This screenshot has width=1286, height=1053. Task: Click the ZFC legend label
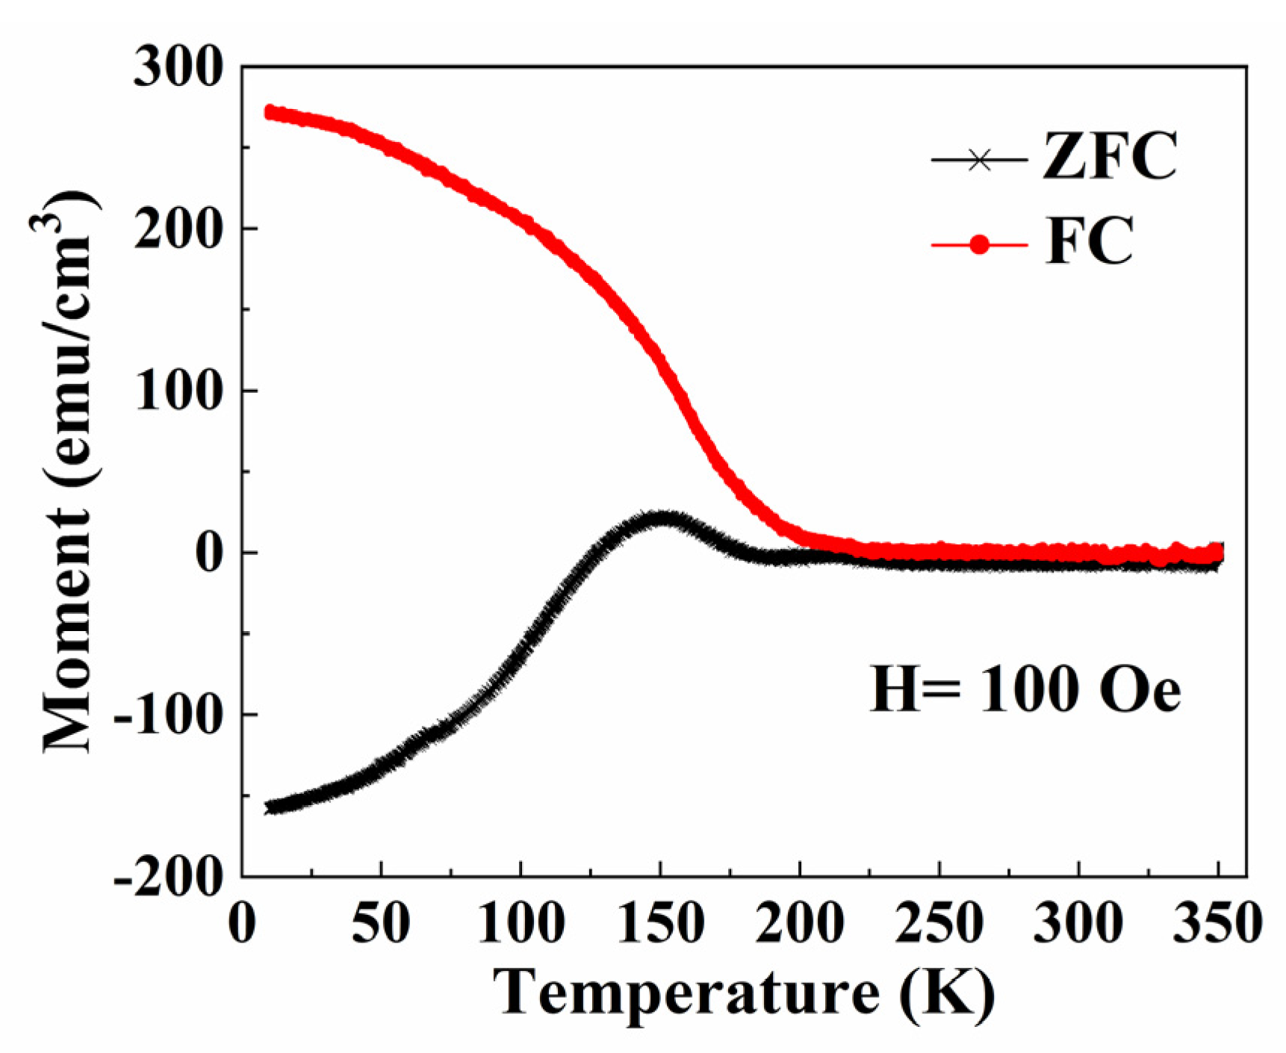coord(1110,157)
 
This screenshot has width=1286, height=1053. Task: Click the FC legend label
coord(1090,241)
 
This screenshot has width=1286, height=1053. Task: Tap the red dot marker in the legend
coord(979,244)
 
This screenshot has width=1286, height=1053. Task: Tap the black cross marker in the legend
coord(979,159)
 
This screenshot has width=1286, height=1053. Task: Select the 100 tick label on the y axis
coord(178,391)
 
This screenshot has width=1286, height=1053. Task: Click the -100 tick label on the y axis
coord(169,715)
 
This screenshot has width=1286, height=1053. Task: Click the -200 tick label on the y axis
coord(169,875)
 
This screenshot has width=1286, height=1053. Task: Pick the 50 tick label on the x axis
coord(381,923)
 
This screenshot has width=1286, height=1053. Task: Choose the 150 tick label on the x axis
coord(660,923)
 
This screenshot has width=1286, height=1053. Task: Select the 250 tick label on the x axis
coord(939,923)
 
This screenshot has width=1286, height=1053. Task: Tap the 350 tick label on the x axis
coord(1217,923)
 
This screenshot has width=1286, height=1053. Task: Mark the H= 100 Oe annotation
coord(1025,689)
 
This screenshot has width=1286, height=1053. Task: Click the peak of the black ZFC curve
coord(661,518)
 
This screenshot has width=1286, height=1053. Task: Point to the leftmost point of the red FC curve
coord(270,112)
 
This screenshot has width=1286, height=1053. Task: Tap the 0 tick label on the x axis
coord(242,923)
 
